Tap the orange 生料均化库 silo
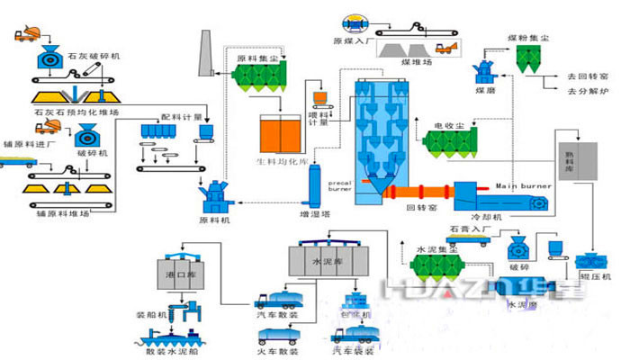[280, 132]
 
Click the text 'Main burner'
[523, 186]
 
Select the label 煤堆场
[418, 63]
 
